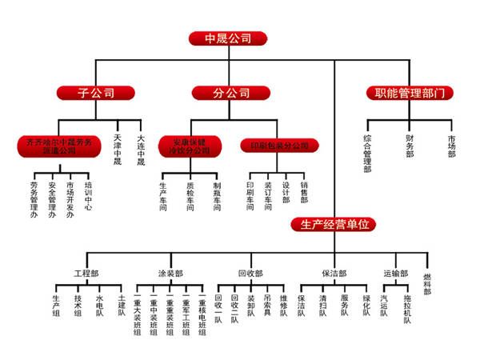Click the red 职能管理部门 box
(x=409, y=93)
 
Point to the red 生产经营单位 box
(x=334, y=225)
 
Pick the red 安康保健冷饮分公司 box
(x=185, y=146)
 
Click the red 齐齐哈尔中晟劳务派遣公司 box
(x=59, y=146)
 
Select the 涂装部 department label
(x=170, y=273)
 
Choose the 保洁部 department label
(x=334, y=273)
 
